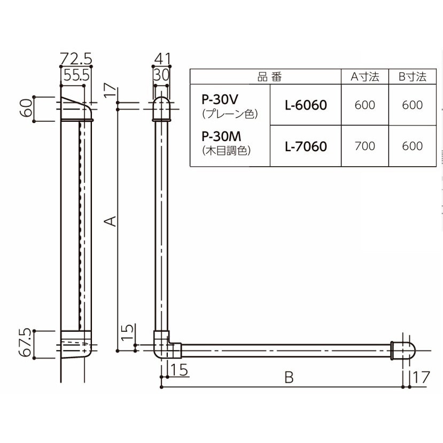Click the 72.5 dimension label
[76, 59]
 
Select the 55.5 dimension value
[76, 75]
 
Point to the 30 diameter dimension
[161, 75]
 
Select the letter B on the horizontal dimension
[289, 377]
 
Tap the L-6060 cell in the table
[306, 105]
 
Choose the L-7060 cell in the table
[306, 146]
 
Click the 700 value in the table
[365, 146]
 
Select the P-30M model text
[221, 136]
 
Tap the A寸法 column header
[365, 76]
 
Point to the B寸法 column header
[412, 76]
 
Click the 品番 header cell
[269, 76]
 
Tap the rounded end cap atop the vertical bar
[161, 109]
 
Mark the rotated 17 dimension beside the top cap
[111, 90]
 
